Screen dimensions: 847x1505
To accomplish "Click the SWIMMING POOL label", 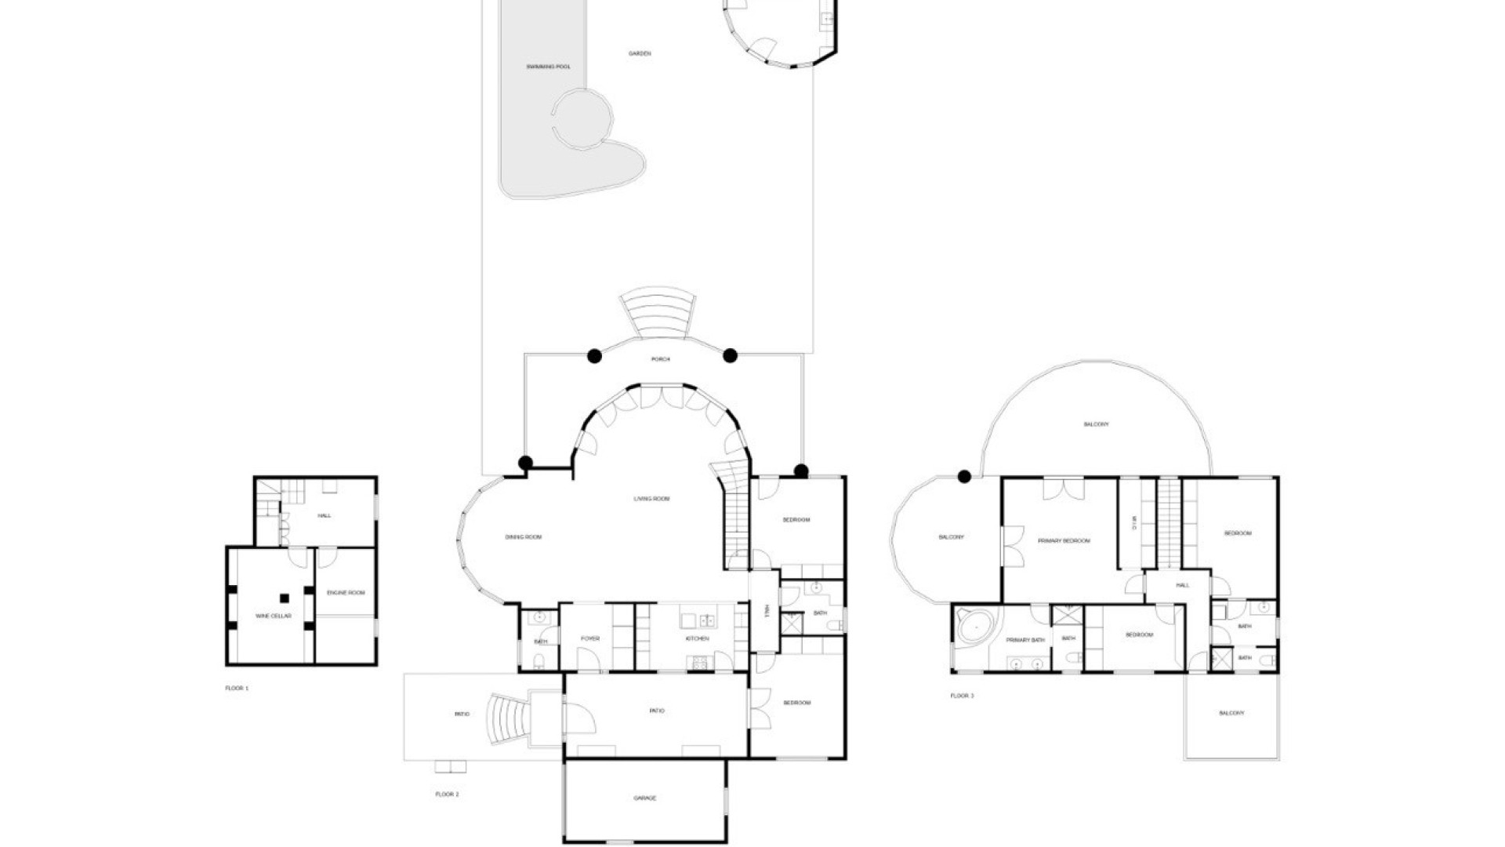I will click(548, 67).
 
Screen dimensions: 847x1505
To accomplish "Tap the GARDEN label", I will click(640, 53).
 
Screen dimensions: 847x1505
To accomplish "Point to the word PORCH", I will click(661, 359).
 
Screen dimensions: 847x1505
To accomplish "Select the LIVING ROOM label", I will click(651, 499).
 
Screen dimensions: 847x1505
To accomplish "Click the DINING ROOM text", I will click(523, 537).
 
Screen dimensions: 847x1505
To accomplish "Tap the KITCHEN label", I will click(697, 638).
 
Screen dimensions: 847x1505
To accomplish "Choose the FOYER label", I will click(590, 638).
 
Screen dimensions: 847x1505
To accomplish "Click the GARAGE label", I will click(644, 798).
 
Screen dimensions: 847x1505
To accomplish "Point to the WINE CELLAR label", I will click(274, 616).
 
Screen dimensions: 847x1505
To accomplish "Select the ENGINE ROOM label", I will click(346, 592).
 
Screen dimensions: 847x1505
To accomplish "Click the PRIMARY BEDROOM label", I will click(1064, 540).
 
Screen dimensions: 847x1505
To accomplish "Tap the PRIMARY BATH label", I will click(1025, 640).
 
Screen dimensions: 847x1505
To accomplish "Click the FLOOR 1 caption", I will click(236, 688).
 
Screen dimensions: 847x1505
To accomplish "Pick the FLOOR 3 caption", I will click(962, 696).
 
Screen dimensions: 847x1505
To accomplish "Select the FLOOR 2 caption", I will click(447, 794).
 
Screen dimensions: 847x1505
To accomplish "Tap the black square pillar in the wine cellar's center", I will click(284, 598).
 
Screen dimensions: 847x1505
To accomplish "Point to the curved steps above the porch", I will click(657, 314).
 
